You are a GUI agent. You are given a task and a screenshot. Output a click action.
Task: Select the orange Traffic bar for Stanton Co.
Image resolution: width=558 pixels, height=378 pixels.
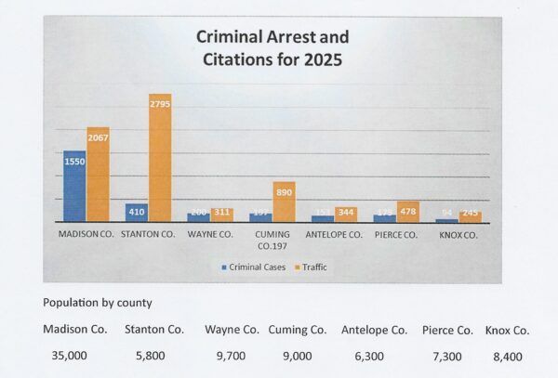[160, 158]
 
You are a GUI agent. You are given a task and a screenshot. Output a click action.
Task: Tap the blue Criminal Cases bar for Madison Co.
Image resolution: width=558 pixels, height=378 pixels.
[74, 186]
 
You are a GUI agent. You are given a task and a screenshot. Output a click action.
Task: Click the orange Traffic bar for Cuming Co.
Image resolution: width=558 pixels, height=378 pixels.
[284, 202]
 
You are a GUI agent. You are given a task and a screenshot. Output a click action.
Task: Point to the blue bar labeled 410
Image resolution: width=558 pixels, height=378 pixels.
[137, 213]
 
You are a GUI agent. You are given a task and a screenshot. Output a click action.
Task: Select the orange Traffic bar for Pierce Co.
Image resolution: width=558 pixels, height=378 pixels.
[408, 211]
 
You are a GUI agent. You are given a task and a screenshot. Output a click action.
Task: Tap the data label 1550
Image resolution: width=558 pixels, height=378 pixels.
[74, 160]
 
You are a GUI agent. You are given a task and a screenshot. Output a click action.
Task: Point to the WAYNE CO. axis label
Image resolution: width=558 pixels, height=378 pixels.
[210, 236]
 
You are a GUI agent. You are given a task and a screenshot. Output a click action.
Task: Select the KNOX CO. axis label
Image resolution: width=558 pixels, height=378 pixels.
[458, 236]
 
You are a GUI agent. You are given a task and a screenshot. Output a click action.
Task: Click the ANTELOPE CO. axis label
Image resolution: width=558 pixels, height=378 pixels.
[334, 236]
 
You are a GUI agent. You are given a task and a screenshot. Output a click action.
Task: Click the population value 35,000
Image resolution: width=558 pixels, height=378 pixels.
[67, 355]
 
